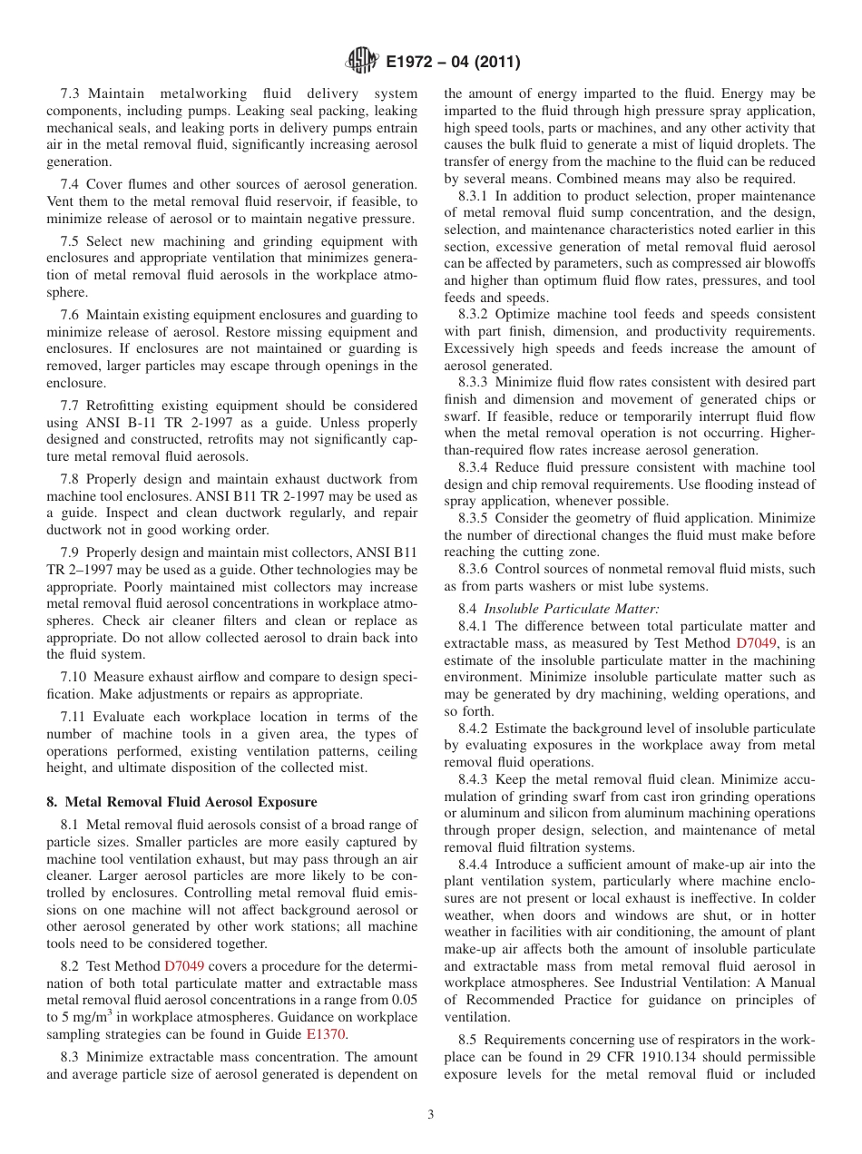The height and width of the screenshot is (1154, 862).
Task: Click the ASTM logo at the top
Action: [x=362, y=63]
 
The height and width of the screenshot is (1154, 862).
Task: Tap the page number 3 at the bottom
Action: [x=431, y=1114]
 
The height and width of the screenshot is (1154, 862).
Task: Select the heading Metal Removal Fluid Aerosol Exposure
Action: [x=181, y=802]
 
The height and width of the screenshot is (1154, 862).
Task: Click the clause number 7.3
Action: [x=71, y=94]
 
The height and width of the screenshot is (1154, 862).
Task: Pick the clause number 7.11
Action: [x=73, y=717]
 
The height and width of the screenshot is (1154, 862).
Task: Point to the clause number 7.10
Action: [x=73, y=678]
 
